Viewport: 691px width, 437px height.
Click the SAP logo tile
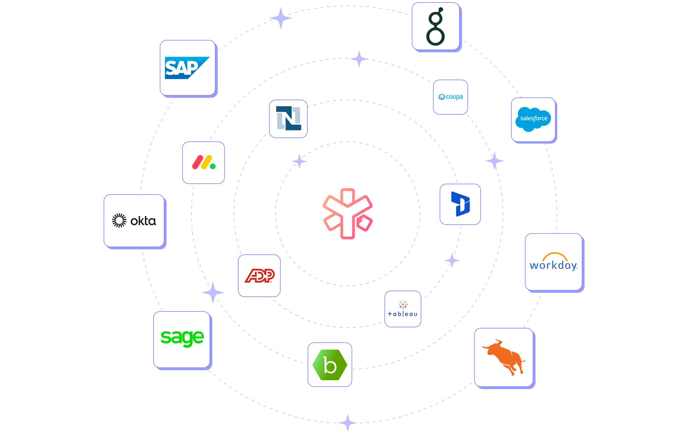(x=188, y=68)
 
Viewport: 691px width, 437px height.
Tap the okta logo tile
(x=134, y=220)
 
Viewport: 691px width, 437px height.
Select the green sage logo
(x=182, y=338)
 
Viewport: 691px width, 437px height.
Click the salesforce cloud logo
(x=533, y=119)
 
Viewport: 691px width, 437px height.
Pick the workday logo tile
(x=554, y=262)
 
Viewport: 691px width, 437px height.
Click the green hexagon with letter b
(x=330, y=365)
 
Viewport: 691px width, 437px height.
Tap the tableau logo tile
(x=403, y=309)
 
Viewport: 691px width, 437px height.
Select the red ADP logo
(x=259, y=276)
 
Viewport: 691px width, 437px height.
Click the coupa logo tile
(x=451, y=97)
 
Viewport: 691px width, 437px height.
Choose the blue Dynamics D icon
(x=460, y=204)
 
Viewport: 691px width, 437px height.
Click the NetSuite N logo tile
(x=288, y=118)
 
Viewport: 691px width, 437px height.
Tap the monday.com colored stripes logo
(x=203, y=162)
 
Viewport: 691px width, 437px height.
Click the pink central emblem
(x=347, y=213)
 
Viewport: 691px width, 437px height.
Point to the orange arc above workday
(x=555, y=256)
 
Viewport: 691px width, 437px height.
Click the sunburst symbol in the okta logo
(x=119, y=220)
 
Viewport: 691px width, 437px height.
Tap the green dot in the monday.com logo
(x=213, y=166)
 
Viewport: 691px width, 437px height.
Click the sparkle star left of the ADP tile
(x=213, y=293)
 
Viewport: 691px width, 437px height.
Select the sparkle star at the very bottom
(x=348, y=423)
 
